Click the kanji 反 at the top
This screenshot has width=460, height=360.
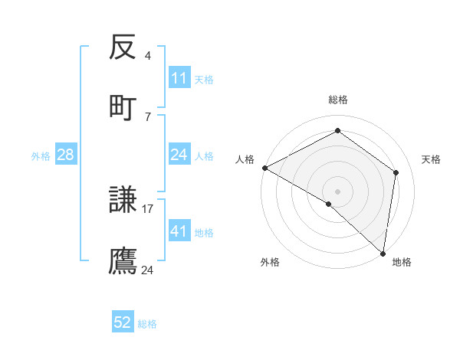click(123, 50)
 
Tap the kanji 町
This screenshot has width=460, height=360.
click(123, 107)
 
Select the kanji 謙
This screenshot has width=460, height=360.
click(123, 201)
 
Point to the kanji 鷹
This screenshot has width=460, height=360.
click(123, 260)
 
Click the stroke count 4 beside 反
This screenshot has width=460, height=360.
click(148, 56)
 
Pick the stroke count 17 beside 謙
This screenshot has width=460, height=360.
click(148, 208)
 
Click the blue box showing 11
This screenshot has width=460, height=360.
click(179, 78)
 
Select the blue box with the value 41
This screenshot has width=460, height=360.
click(179, 231)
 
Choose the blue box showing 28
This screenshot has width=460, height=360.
click(66, 155)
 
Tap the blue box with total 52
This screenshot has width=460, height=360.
click(123, 323)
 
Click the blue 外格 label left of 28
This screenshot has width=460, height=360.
click(41, 156)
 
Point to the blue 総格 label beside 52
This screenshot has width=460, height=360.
click(147, 324)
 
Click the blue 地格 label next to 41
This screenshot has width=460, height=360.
click(204, 232)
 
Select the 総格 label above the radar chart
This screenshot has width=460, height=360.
click(338, 100)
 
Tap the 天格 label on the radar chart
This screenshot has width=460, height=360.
click(431, 159)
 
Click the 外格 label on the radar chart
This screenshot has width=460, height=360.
click(270, 262)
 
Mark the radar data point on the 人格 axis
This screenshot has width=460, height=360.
click(264, 168)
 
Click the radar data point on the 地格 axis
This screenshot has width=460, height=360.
click(383, 253)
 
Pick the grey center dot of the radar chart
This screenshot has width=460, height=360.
click(337, 191)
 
